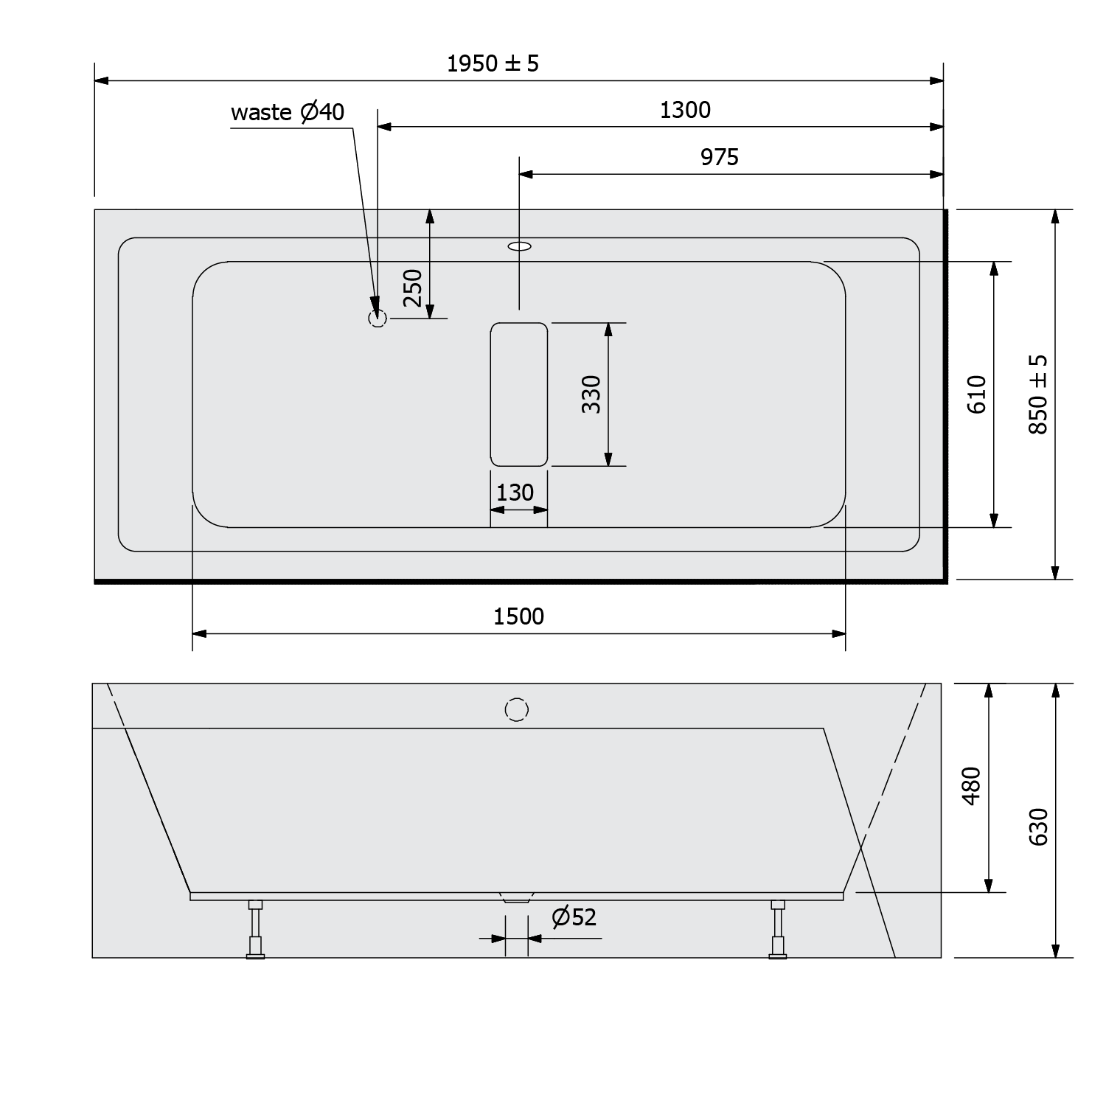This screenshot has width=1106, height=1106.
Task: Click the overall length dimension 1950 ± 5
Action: coord(493,63)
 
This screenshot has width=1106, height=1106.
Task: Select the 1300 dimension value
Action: coord(685,110)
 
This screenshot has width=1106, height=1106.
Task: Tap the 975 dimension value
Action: coord(719,157)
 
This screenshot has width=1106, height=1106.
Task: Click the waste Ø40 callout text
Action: coord(288,112)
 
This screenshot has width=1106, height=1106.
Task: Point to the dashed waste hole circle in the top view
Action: coord(377,319)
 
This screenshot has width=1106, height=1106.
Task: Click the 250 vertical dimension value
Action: coord(414,288)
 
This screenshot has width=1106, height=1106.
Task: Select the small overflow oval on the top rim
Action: coord(520,246)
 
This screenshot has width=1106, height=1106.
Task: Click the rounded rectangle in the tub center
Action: coord(519,394)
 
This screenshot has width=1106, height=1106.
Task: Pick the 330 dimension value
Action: coord(591,394)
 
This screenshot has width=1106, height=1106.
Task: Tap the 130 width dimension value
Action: coord(515,493)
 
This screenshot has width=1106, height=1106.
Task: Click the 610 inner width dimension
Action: coord(976,394)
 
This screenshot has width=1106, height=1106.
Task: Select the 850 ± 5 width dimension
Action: coord(1038,394)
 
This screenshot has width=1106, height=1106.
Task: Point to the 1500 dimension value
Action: coord(518,616)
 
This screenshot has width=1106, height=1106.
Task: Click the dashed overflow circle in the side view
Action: coord(517,709)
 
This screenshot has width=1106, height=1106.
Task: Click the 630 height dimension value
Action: coord(1038,826)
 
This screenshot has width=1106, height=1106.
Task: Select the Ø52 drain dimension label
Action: coord(574,917)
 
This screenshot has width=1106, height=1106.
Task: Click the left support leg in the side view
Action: coord(255,929)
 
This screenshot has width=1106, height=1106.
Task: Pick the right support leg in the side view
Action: coord(778,929)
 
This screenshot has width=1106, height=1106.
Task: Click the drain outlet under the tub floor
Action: coord(516,898)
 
